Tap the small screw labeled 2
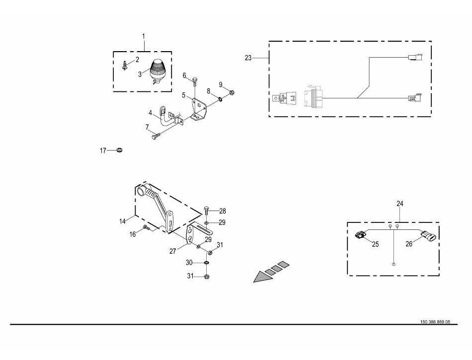(x=124, y=66)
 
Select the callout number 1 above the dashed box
(x=144, y=36)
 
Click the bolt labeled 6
(x=195, y=82)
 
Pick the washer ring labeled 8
(x=220, y=98)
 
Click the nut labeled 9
(x=232, y=93)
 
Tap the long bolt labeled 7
(x=156, y=137)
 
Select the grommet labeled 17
(x=119, y=149)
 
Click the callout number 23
(x=248, y=58)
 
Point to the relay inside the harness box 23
(x=284, y=98)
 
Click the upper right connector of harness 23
(x=415, y=57)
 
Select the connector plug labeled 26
(x=428, y=236)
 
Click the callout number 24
(x=400, y=204)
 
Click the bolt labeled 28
(x=207, y=211)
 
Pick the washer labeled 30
(x=207, y=263)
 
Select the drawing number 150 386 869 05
(x=435, y=322)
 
